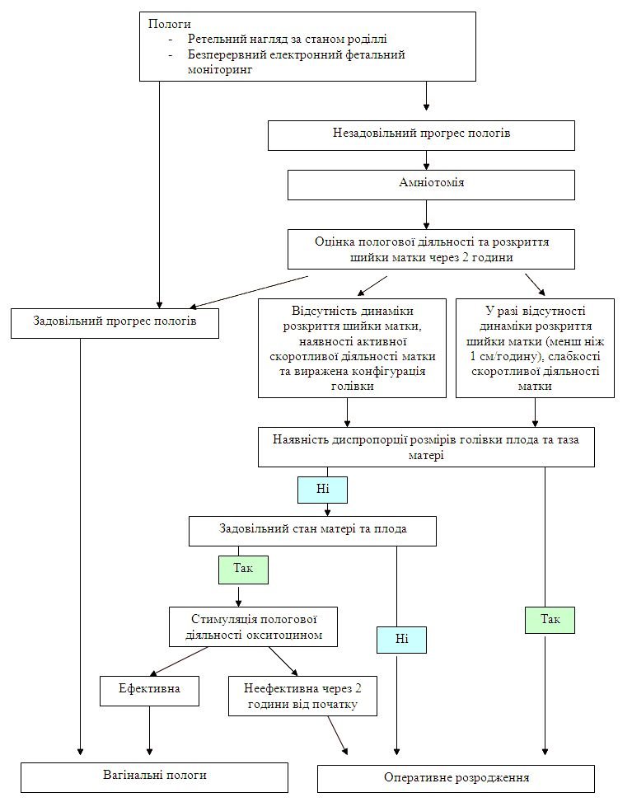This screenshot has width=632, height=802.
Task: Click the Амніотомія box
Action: click(x=431, y=185)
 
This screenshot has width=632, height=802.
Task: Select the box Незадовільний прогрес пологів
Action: click(x=421, y=135)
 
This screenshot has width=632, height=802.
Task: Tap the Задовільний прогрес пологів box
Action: click(x=115, y=323)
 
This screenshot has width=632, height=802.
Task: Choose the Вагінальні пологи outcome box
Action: click(x=154, y=777)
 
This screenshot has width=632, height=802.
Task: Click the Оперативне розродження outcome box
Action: click(x=456, y=779)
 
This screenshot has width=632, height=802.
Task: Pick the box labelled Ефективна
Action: click(x=149, y=691)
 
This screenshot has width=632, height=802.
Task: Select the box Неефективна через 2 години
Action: click(x=302, y=696)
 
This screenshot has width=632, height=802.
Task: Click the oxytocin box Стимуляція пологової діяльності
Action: click(x=254, y=627)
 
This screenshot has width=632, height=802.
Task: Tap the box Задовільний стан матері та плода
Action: click(x=312, y=531)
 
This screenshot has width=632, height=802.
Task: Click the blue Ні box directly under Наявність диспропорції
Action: click(x=323, y=490)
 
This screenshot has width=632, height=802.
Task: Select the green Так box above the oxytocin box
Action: click(x=243, y=570)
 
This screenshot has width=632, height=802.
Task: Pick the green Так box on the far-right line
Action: click(x=550, y=620)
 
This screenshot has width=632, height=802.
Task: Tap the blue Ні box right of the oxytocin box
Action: click(x=402, y=640)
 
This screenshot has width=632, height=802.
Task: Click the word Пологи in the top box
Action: click(x=169, y=24)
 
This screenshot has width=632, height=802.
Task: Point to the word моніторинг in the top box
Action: click(x=220, y=69)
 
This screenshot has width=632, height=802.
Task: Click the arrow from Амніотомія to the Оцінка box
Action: click(x=427, y=214)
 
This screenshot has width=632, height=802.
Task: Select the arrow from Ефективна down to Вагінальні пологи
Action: click(x=150, y=731)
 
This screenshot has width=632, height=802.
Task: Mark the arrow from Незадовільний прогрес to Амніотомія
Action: click(x=427, y=160)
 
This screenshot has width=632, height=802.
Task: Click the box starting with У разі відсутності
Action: click(x=535, y=349)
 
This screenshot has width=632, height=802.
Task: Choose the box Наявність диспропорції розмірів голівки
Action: click(x=426, y=447)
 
